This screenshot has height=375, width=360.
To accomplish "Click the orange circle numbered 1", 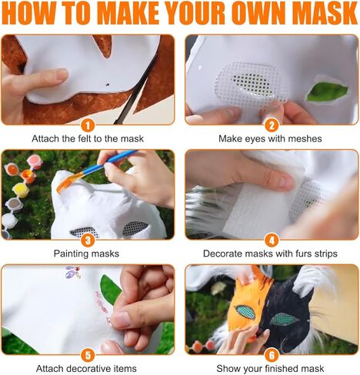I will coord(88,124).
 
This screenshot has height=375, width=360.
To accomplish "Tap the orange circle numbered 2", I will coord(271,124).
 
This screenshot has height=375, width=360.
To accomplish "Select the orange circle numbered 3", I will coord(88,240).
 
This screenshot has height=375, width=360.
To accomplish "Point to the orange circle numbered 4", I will coord(271,240).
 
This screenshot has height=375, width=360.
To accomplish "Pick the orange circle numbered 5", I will coord(88,354).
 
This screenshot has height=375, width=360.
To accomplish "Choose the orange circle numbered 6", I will coord(271,354).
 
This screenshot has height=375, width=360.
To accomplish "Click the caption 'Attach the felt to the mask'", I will coord(88,138).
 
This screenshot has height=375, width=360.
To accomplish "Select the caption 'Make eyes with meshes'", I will coord(271,138).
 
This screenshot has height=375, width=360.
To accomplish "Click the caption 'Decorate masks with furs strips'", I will coord(271,253).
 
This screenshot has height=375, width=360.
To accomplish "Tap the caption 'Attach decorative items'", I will coord(88,368).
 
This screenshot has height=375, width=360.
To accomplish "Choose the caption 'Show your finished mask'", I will coord(271,368).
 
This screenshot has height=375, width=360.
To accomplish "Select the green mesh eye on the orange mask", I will coord(245,310).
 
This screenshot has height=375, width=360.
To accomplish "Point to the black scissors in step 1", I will coord(135,92).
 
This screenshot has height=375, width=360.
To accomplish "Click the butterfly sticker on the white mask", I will coord(73,271).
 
